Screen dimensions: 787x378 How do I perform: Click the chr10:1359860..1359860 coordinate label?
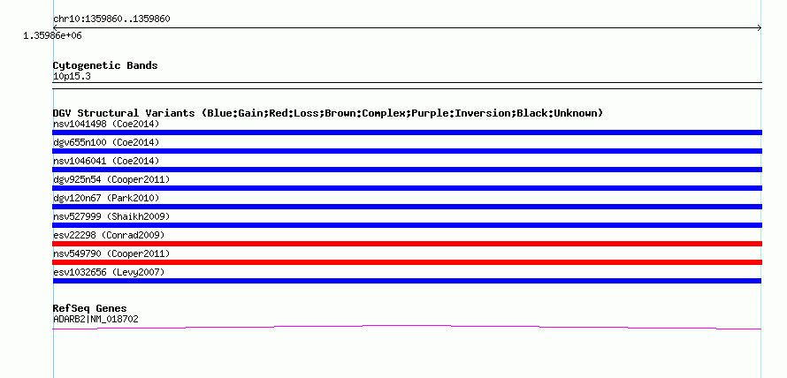111,19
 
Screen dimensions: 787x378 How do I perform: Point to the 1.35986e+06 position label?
52,35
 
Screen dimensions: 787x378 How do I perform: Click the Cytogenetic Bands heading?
105,65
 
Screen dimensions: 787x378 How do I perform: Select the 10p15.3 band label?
72,77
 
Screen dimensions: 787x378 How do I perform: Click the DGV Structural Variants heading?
328,113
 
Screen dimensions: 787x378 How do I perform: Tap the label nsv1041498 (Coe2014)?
106,124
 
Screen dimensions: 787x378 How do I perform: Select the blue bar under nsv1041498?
407,132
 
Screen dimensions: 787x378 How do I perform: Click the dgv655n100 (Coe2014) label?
106,142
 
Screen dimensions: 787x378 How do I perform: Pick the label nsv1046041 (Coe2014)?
106,161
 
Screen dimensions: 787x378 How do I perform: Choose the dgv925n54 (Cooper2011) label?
111,179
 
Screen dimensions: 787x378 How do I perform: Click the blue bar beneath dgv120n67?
407,207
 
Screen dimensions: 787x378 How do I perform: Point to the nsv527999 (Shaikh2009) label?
111,216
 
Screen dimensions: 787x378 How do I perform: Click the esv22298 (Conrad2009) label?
109,235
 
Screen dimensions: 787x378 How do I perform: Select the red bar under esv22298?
407,244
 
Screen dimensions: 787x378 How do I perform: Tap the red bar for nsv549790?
407,262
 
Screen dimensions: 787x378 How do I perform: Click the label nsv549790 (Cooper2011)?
111,253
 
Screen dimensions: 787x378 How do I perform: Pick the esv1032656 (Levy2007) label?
109,272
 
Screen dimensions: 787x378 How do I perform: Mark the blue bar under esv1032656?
407,281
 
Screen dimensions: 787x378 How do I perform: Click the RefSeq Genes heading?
90,308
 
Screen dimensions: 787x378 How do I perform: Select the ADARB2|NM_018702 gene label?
96,319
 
